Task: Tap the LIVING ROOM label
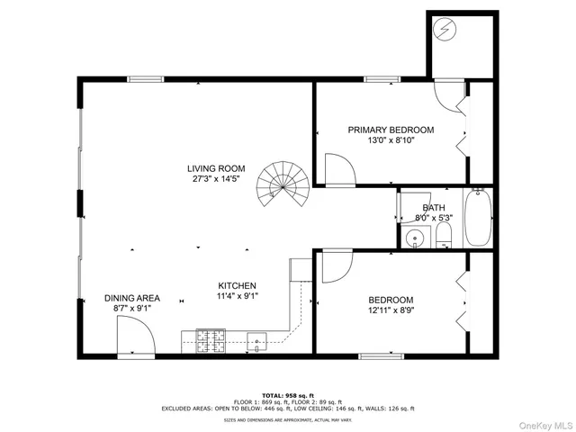coord(216,168)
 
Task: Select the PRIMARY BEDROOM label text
coord(391,130)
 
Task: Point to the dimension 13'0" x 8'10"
coord(391,140)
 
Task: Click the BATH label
coord(434,208)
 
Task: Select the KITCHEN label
coord(237,285)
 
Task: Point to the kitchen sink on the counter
coord(256,340)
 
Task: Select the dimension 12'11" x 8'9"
coord(391,310)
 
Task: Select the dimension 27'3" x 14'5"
coord(216,179)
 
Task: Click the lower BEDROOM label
coord(391,300)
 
